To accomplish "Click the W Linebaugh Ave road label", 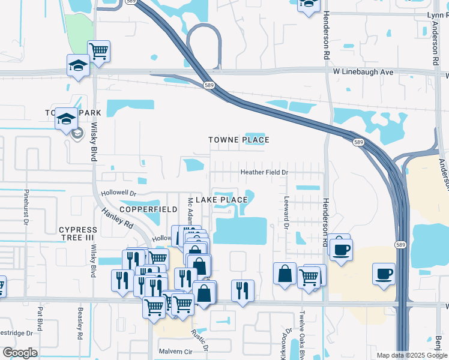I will pos(363,72).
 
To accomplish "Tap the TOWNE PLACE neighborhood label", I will pos(238,140).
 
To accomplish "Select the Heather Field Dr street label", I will pos(265,172).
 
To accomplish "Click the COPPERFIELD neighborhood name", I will pos(148,209).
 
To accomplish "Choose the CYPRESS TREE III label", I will pos(78,234).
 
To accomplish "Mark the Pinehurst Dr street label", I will pos(27,207).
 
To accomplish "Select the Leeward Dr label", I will pos(286,214).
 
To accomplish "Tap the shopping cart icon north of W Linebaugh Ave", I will pos(98,50).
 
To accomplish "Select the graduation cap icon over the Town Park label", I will pos(66,118).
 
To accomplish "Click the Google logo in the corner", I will pos(20,353).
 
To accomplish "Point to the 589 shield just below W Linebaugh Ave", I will pos(208,85).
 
